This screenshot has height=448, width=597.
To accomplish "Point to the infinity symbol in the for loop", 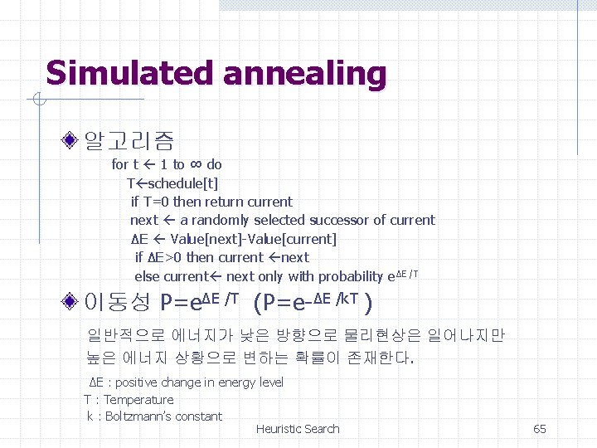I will tap(196, 164).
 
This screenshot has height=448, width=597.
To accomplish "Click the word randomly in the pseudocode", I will tap(221, 220).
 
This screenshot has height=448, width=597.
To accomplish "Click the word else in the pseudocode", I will tap(147, 276).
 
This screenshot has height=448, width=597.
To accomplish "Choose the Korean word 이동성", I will tap(118, 300).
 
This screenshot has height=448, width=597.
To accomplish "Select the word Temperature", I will tap(138, 400).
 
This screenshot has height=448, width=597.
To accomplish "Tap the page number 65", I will tap(539, 429).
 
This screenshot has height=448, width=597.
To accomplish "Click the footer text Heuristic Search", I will tap(298, 429).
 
